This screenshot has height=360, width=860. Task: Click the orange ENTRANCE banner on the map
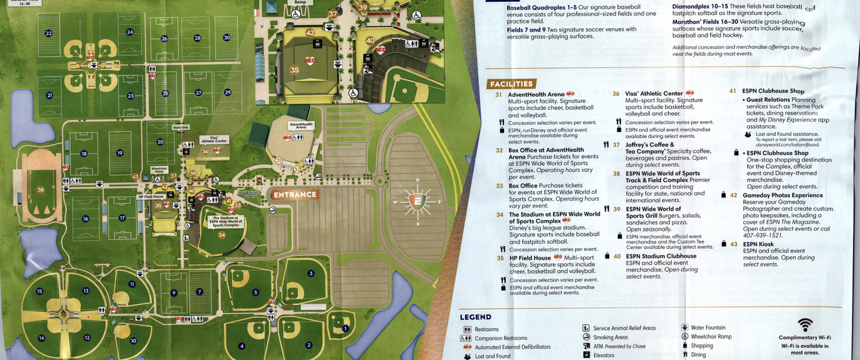click(295, 194)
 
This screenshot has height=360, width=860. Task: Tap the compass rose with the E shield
click(417, 202)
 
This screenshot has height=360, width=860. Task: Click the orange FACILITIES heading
click(511, 84)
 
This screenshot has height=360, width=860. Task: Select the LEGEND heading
click(476, 317)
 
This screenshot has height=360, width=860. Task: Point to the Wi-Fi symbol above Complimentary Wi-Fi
click(805, 325)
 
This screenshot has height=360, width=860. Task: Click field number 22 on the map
click(48, 33)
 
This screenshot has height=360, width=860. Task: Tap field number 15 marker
click(39, 291)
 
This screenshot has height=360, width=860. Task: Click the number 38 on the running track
click(41, 189)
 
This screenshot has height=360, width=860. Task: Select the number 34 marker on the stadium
click(221, 235)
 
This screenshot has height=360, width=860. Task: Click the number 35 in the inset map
click(295, 70)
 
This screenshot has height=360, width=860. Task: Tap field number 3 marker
click(311, 273)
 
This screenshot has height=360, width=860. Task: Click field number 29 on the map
click(228, 93)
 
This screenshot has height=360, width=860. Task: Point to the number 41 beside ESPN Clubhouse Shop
click(732, 91)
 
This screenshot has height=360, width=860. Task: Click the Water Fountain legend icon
click(684, 327)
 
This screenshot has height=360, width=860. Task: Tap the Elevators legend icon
click(586, 355)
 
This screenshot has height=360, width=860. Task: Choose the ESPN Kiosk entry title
click(758, 244)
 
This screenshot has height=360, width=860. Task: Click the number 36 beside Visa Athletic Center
click(616, 94)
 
